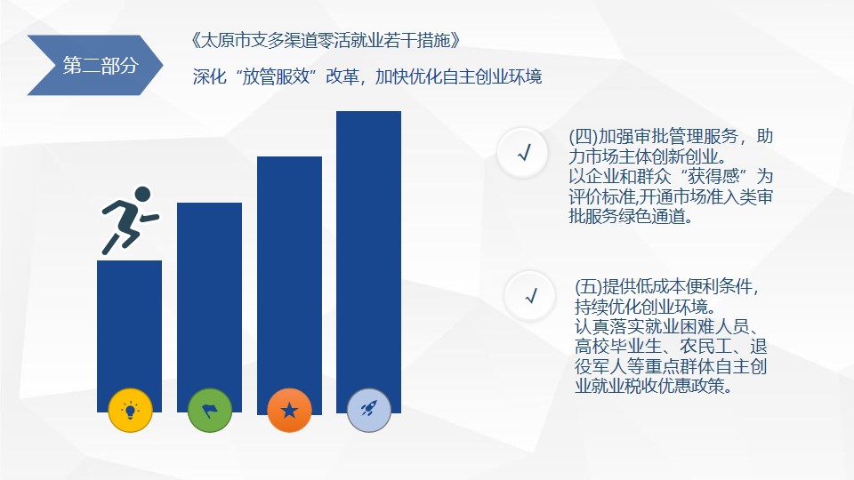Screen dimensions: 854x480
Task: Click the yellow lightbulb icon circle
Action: click(x=130, y=410)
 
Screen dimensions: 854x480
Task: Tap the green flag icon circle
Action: click(x=210, y=410)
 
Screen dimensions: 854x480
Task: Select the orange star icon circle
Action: click(x=289, y=410)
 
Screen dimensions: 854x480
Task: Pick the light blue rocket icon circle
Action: click(x=368, y=410)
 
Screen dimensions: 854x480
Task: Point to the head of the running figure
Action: click(x=142, y=195)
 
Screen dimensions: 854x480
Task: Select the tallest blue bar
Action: click(x=368, y=261)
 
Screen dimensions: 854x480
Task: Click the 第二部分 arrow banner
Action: click(x=95, y=65)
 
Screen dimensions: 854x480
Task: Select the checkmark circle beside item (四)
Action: click(x=523, y=153)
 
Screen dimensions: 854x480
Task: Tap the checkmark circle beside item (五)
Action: click(x=530, y=296)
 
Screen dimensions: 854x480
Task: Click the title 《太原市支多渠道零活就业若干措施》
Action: click(x=326, y=40)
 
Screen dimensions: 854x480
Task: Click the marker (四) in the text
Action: click(x=584, y=136)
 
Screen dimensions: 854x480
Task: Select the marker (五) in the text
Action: click(x=589, y=286)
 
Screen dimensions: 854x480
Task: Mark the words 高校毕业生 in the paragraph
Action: click(x=618, y=346)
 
